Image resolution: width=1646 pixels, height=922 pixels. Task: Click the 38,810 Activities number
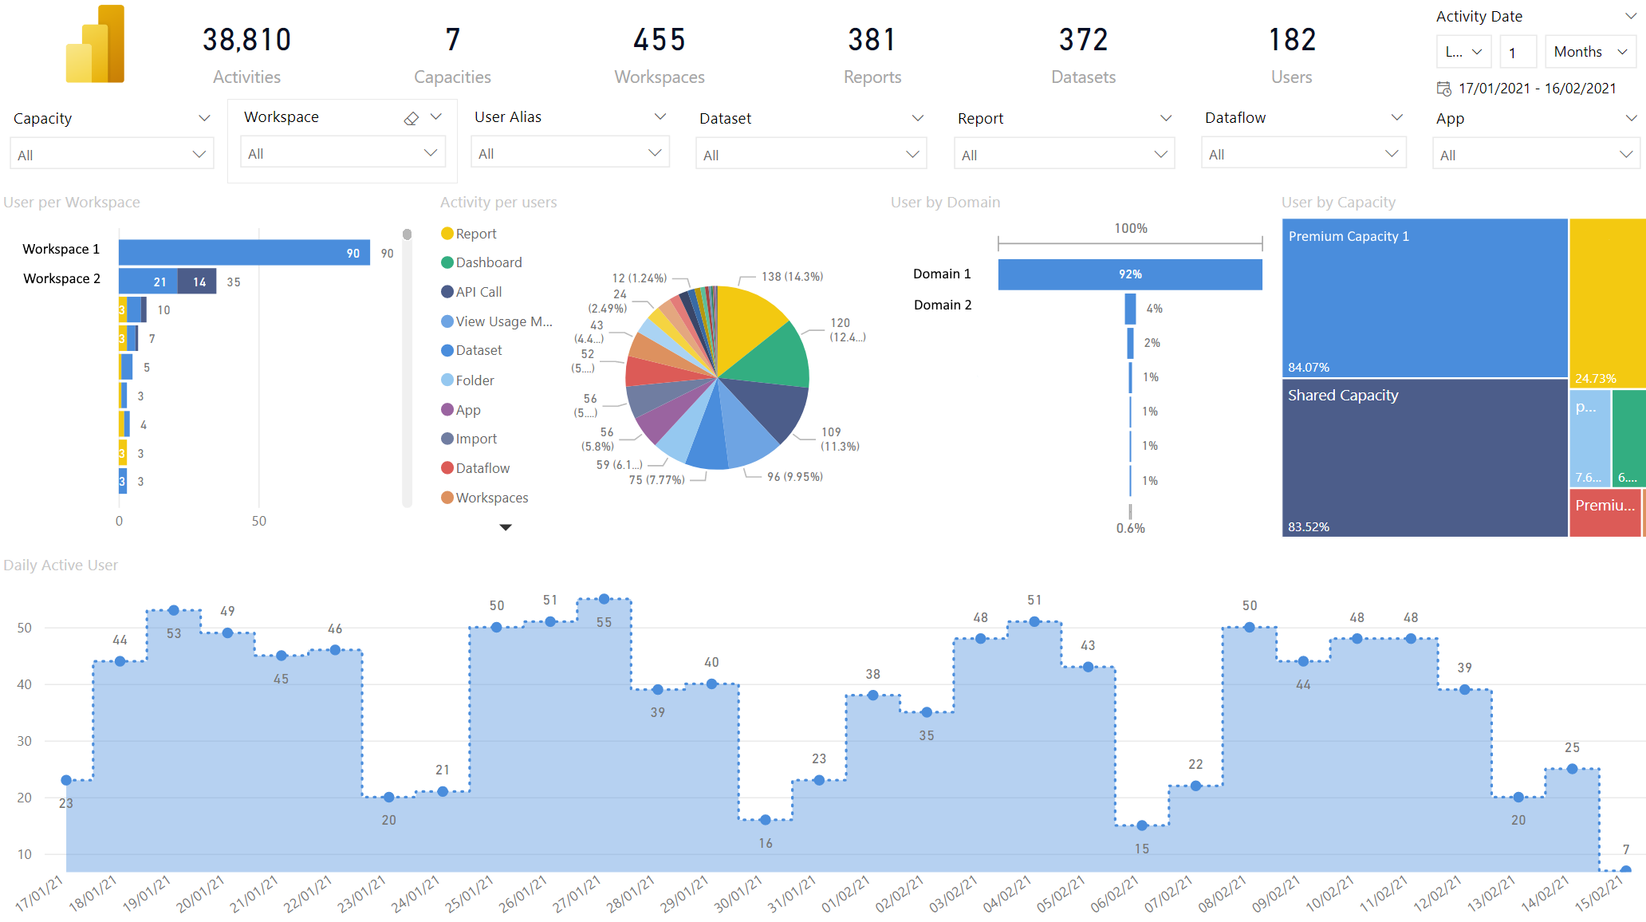tap(246, 40)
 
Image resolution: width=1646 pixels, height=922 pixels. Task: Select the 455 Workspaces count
tap(660, 40)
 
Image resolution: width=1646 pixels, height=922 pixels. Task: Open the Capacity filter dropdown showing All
tap(112, 155)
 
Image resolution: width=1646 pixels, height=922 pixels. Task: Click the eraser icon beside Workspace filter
tap(411, 118)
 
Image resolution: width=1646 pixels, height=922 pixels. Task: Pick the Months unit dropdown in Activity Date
tap(1590, 52)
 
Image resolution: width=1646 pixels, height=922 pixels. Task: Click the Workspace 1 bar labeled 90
tap(244, 253)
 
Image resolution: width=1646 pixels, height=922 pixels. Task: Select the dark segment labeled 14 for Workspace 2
tap(197, 282)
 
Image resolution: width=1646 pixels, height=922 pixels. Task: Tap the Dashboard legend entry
tap(482, 262)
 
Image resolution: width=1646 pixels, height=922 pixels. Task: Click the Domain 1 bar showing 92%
tap(1130, 274)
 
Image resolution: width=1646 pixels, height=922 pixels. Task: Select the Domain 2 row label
tap(943, 305)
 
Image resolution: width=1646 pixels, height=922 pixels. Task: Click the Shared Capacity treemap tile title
tap(1343, 396)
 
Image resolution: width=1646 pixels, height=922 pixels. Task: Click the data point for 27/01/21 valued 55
tap(604, 599)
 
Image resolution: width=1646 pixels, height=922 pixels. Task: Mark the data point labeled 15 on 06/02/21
tap(1142, 825)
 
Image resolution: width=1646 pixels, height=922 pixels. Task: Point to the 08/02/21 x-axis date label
tap(1222, 894)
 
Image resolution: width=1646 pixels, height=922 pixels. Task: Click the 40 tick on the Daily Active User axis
tap(25, 684)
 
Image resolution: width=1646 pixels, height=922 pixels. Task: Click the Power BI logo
tap(95, 44)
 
